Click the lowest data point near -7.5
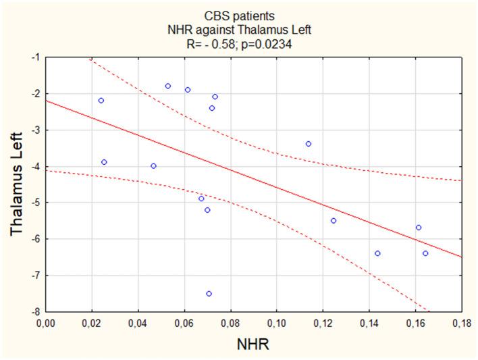tap(209, 294)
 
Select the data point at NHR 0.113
tap(309, 144)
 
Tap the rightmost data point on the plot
tap(425, 253)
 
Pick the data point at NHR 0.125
tap(334, 221)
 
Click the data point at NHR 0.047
tap(153, 166)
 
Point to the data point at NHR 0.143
tap(377, 253)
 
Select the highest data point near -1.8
tap(168, 86)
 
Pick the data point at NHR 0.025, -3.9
tap(104, 162)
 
